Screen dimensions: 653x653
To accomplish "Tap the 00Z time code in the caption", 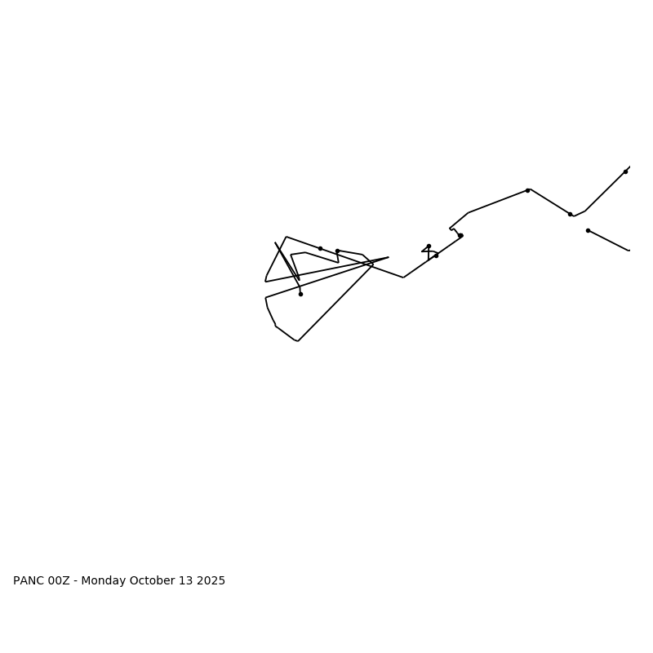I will coord(60,581).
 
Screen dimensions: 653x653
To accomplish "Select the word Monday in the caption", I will coord(104,581).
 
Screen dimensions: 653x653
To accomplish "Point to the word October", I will coord(153,581).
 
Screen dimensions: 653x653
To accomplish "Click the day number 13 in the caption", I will coord(186,581).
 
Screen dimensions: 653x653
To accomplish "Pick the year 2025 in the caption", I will coord(210,581).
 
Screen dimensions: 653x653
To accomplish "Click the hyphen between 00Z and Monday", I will coord(76,581).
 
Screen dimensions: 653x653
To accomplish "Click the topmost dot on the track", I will coord(625,171).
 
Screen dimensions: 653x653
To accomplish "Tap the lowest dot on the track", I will coord(300,294).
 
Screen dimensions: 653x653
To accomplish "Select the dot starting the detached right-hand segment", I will coord(588,230).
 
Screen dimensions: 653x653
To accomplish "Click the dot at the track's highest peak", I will coord(527,190).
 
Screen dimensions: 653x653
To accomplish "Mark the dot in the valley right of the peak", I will coord(570,214).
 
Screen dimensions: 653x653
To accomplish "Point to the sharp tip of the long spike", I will coord(389,257).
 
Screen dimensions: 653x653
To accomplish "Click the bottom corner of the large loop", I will coord(298,341).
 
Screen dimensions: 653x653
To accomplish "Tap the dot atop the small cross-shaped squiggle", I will coord(429,246).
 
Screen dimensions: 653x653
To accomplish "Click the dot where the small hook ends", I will coord(460,235).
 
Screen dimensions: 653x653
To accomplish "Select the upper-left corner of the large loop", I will coord(286,237).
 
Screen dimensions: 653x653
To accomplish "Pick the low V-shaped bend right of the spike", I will coord(403,278).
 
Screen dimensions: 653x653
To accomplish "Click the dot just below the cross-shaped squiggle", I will coord(436,255).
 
